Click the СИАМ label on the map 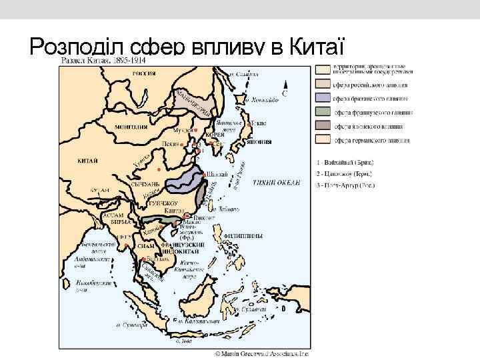146,245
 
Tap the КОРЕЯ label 214,135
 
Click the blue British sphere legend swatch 323,99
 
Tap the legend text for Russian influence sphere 371,85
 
